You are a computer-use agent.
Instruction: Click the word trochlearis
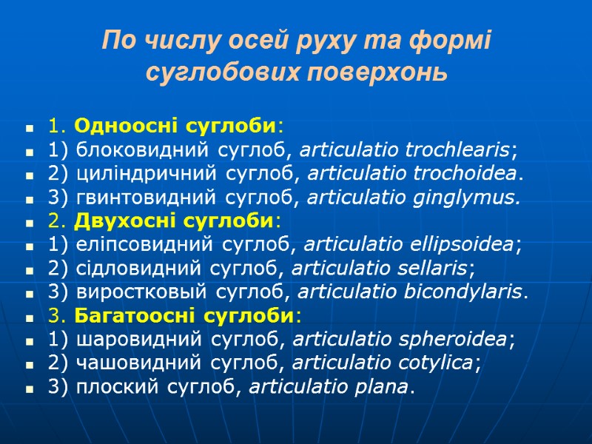(x=457, y=150)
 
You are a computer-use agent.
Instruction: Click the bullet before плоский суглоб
(x=30, y=388)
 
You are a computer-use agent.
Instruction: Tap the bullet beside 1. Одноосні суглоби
(x=30, y=128)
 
